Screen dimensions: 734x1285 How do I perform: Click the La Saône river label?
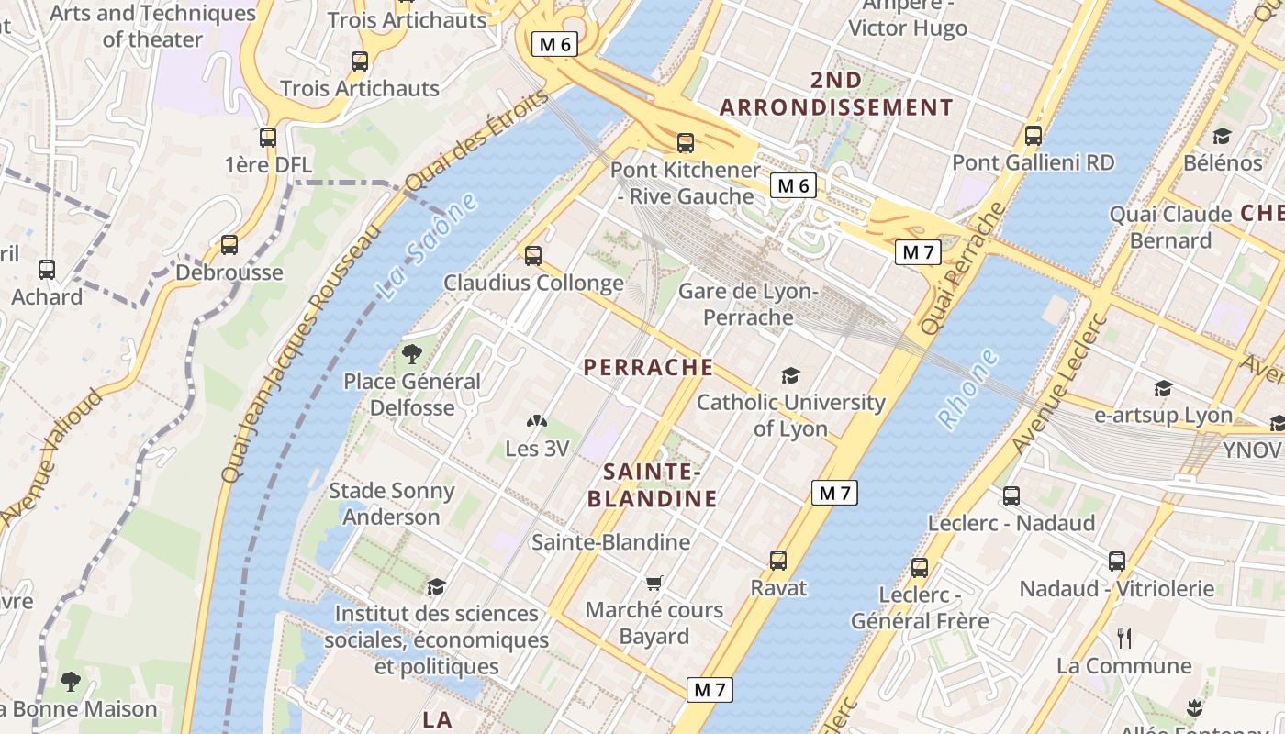pyautogui.click(x=428, y=248)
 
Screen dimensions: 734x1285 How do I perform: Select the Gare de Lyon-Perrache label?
pyautogui.click(x=747, y=305)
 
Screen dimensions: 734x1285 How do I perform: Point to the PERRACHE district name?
pyautogui.click(x=648, y=368)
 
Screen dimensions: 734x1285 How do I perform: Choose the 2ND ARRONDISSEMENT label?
pyautogui.click(x=836, y=95)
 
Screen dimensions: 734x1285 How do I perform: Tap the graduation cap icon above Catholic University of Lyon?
pyautogui.click(x=790, y=375)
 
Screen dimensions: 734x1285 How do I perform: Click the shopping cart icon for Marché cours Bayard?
pyautogui.click(x=654, y=584)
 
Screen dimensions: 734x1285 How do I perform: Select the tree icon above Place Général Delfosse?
pyautogui.click(x=412, y=353)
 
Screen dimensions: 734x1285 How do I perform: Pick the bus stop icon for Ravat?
pyautogui.click(x=778, y=560)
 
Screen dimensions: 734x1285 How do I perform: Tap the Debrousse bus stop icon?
pyautogui.click(x=229, y=245)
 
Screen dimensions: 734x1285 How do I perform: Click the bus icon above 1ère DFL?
pyautogui.click(x=268, y=138)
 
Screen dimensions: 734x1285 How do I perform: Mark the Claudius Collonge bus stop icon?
pyautogui.click(x=533, y=255)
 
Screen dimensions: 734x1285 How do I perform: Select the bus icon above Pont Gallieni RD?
pyautogui.click(x=1034, y=136)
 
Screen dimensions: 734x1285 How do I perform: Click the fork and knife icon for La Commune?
pyautogui.click(x=1123, y=638)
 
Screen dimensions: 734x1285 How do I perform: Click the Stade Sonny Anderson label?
pyautogui.click(x=392, y=504)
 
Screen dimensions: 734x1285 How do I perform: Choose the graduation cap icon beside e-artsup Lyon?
pyautogui.click(x=1163, y=388)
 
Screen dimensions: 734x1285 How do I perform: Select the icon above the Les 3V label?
pyautogui.click(x=536, y=422)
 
